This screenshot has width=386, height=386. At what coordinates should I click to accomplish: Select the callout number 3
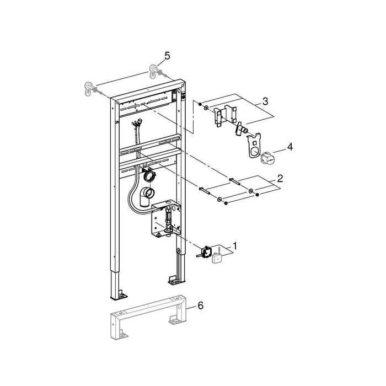(x=265, y=101)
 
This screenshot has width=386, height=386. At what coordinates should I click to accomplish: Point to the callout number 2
(x=281, y=179)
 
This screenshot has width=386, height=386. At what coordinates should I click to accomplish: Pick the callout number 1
(x=235, y=244)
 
